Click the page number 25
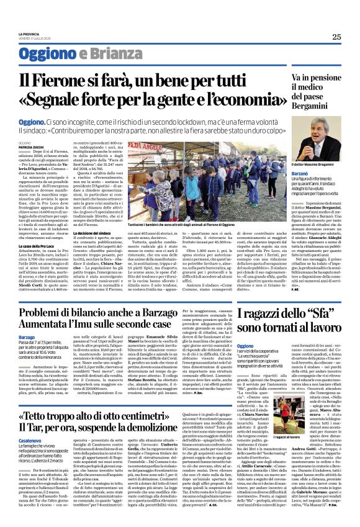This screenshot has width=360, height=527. click(x=336, y=37)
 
